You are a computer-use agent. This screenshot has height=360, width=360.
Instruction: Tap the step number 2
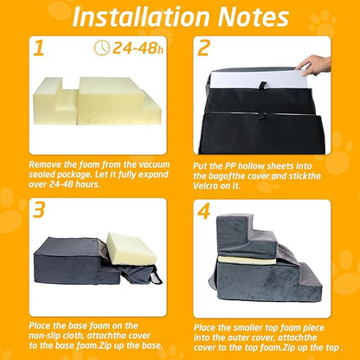(204, 48)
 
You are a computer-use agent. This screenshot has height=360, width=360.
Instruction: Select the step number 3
(39, 211)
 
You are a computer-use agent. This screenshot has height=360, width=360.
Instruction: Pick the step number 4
(205, 211)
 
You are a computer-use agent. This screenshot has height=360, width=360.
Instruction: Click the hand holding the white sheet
(319, 64)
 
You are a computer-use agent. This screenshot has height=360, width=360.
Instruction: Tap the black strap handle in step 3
(156, 277)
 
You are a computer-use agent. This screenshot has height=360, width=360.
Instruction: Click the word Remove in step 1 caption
(50, 164)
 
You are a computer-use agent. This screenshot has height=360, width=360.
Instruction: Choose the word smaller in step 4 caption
(249, 327)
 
